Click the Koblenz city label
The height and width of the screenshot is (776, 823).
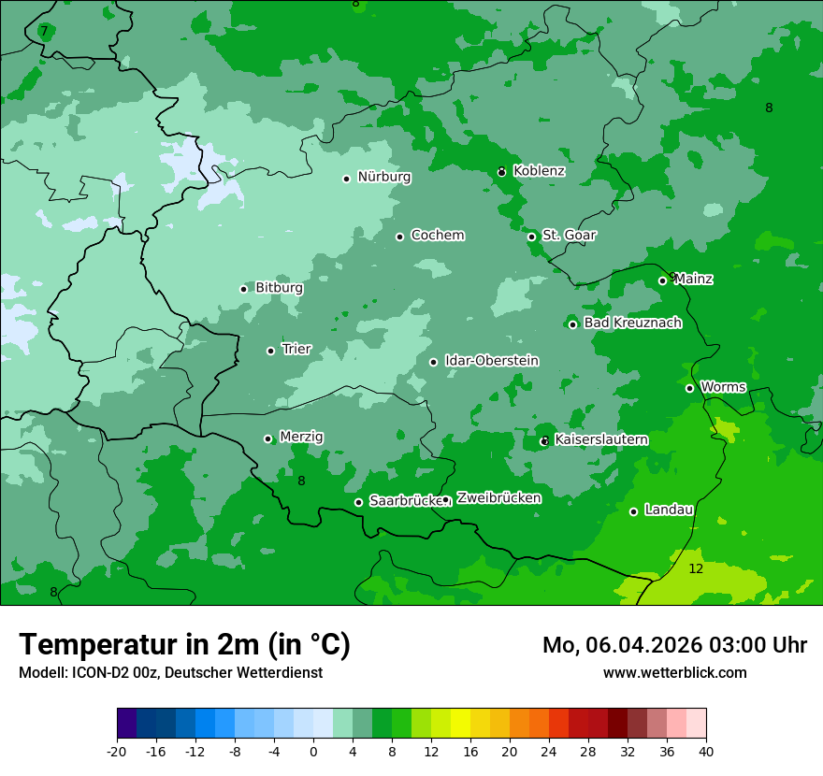[539, 171]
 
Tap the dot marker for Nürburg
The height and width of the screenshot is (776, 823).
[346, 179]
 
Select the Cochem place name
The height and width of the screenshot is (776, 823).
[438, 236]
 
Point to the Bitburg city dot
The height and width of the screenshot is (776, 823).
[243, 289]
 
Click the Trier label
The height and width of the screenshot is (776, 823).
[296, 350]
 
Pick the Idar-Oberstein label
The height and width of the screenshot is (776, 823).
[491, 361]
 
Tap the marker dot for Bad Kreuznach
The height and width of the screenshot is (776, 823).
[572, 324]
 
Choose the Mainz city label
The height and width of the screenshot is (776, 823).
[693, 280]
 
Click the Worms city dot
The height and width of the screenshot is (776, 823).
[689, 388]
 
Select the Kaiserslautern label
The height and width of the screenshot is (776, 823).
[601, 439]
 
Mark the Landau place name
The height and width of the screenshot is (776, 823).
[669, 510]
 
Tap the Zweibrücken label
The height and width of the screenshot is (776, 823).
[498, 498]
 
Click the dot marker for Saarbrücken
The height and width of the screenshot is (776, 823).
[358, 502]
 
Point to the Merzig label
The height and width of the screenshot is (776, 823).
[301, 438]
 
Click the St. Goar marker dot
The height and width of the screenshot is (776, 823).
[531, 237]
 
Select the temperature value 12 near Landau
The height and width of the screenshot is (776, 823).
[696, 569]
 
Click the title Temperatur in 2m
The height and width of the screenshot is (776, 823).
[184, 645]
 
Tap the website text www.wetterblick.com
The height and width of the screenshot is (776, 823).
[674, 672]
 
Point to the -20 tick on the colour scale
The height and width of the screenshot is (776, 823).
[117, 751]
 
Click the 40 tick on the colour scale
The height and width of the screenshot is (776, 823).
[706, 751]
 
